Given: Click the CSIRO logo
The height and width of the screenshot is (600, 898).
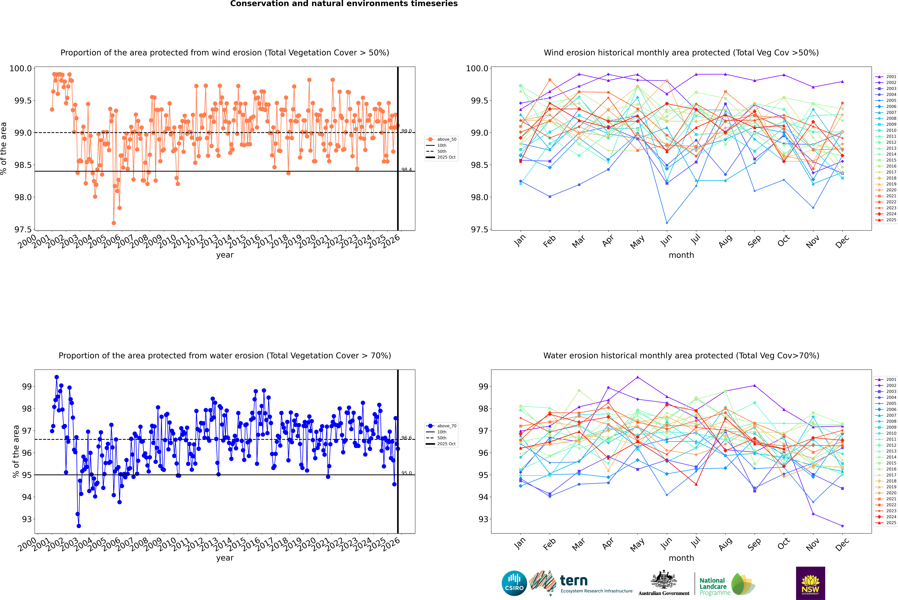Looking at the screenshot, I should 514,583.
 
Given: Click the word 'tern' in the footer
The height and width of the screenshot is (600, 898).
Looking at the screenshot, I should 573,581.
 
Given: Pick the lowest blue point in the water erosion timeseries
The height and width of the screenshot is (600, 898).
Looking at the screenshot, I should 79,526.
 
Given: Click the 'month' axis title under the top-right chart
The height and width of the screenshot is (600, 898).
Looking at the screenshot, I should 681,255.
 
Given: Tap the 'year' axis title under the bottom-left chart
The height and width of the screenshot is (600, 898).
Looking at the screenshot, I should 225,558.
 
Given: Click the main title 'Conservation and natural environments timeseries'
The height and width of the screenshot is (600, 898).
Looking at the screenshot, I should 344,4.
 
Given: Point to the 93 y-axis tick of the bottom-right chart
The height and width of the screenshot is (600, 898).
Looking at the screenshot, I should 483,519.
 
